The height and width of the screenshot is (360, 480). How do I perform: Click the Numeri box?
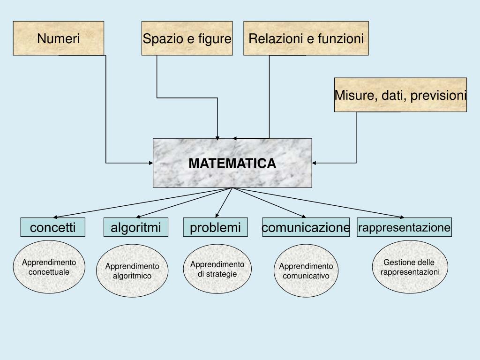59,38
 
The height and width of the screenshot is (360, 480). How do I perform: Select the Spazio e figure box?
187,38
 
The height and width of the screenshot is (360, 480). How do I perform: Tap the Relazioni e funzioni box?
306,38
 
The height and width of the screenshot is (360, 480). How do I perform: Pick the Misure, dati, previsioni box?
400,95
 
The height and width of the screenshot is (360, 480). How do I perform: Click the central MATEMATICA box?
232,163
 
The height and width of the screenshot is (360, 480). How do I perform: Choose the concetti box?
53,227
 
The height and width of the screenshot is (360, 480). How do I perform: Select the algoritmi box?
135,227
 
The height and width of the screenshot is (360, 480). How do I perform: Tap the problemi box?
215,227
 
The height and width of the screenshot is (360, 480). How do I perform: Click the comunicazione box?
306,227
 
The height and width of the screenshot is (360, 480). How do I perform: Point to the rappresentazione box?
404,227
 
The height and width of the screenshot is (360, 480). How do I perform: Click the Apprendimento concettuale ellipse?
49,267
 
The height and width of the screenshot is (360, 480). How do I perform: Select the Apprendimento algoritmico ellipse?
132,270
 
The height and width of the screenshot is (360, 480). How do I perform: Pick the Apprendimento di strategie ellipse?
217,269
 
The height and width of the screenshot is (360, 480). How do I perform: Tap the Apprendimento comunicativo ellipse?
306,270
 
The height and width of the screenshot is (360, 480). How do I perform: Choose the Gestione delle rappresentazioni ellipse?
410,267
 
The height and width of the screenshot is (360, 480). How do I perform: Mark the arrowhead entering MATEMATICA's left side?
151,163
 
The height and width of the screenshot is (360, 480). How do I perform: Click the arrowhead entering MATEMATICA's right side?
315,163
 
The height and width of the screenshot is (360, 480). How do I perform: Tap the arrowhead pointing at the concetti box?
55,217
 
